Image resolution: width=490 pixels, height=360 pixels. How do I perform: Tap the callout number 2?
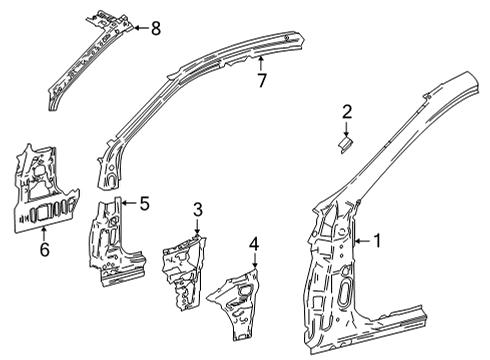coord(347,112)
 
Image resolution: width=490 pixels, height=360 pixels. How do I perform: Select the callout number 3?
coord(198,209)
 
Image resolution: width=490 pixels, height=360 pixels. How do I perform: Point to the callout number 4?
coord(254,243)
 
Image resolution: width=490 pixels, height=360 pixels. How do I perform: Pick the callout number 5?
coord(145,205)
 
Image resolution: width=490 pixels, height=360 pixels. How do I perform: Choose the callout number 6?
coord(43,248)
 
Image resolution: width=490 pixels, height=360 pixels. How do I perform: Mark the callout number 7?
coord(261,81)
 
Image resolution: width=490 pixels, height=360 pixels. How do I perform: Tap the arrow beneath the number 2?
coord(347,129)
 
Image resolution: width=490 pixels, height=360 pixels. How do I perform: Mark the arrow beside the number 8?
coord(138,27)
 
